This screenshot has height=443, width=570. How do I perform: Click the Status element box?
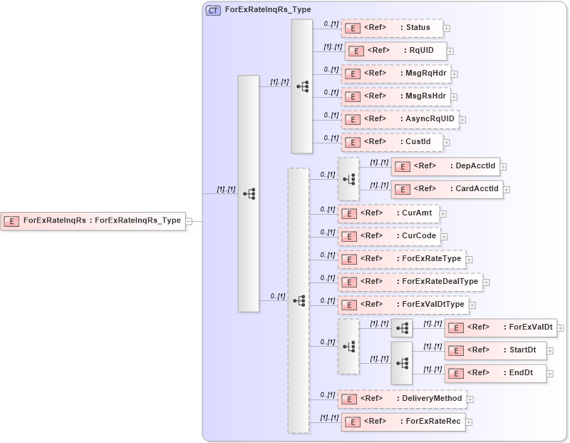tap(392, 29)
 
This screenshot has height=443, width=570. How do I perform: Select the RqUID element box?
tap(395, 51)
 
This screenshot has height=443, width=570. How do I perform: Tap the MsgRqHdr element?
tap(395, 73)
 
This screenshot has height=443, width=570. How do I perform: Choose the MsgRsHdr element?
tap(395, 96)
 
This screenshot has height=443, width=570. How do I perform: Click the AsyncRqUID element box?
tap(399, 119)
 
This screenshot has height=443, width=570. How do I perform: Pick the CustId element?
tap(392, 142)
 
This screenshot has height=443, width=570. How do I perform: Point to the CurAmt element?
tap(389, 213)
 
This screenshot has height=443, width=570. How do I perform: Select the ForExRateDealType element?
tap(410, 282)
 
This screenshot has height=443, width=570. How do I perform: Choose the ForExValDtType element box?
tap(403, 305)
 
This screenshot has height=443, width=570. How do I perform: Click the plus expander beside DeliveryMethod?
tap(470, 399)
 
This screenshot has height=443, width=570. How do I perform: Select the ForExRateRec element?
tap(403, 422)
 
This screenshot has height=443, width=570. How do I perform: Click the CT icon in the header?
tap(213, 11)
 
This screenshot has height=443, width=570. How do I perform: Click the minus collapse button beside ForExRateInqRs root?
tap(190, 221)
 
